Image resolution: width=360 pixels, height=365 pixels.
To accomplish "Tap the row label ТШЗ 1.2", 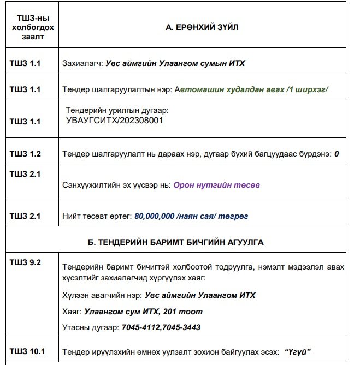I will tap(25, 154).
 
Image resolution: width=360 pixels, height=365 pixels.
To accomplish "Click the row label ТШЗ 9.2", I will tap(25, 262).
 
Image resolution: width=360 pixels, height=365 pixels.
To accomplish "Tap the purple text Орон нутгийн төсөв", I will tap(216, 185).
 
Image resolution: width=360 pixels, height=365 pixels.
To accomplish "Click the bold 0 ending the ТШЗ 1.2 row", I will tap(337, 154).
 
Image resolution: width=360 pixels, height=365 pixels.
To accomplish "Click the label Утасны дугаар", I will tap(90, 327).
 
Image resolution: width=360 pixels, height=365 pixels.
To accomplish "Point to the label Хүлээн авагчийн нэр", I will tap(102, 295).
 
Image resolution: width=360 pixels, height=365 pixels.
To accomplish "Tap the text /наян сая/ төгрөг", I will tap(213, 216).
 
